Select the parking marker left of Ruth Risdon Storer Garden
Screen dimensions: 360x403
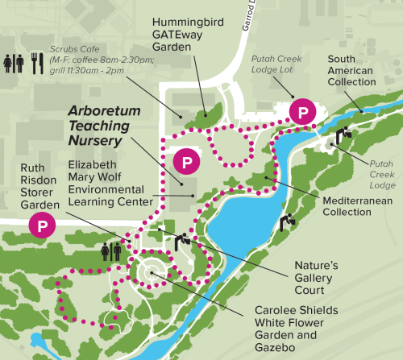click(40, 226)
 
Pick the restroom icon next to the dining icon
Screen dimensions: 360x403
click(14, 62)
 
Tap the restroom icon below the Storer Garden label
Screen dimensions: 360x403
click(112, 251)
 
